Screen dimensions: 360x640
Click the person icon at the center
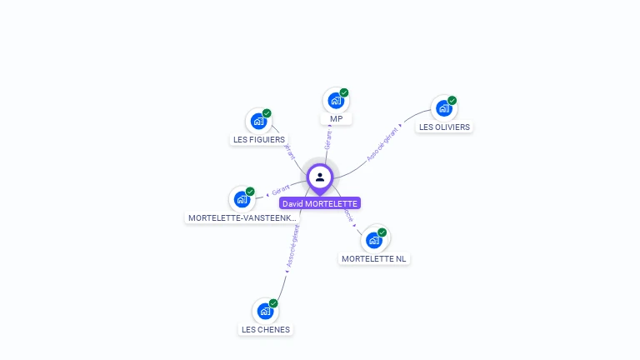(x=320, y=177)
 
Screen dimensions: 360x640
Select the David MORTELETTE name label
(x=319, y=203)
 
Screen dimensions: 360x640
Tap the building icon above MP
(x=335, y=101)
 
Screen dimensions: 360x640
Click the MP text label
(x=336, y=119)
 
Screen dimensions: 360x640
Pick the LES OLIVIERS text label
(x=444, y=127)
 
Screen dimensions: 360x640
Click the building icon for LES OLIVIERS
(x=443, y=108)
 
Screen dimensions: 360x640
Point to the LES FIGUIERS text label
(x=258, y=140)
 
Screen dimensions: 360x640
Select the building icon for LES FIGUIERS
(x=258, y=122)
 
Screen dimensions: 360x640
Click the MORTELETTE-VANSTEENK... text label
(x=242, y=218)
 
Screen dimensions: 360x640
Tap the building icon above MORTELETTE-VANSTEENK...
(x=242, y=199)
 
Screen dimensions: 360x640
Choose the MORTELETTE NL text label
(x=374, y=259)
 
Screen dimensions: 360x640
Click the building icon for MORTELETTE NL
(x=374, y=240)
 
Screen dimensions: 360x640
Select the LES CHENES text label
(x=266, y=329)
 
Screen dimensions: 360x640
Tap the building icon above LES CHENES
(x=265, y=312)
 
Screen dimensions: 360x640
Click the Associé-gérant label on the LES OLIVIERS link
(x=383, y=142)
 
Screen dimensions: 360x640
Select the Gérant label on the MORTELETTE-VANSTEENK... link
(x=280, y=191)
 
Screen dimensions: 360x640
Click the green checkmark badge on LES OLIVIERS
(x=452, y=100)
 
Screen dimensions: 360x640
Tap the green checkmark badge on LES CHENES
(x=273, y=303)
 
